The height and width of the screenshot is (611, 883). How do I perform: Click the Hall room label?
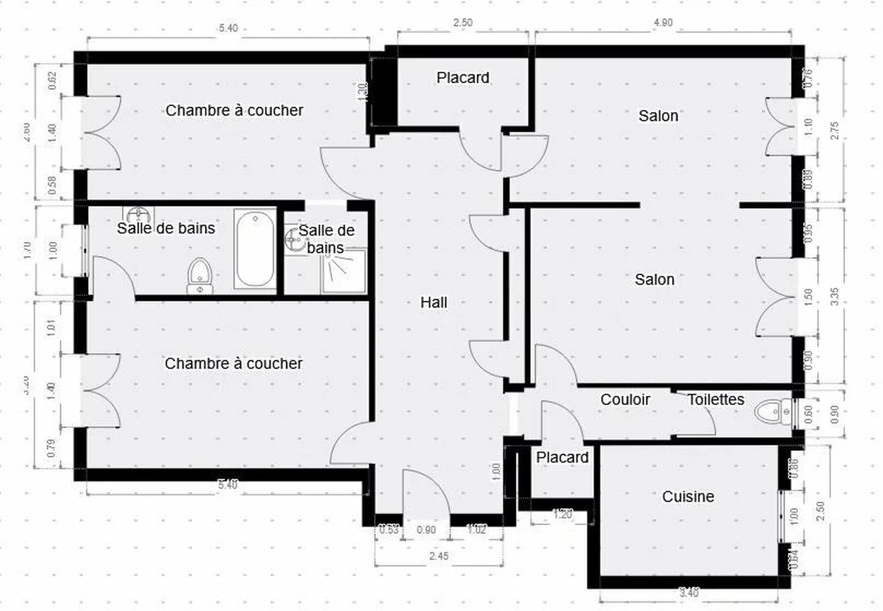(x=434, y=302)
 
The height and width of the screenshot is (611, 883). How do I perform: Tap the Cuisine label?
(x=688, y=497)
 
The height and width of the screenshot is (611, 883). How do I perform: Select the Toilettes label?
(x=716, y=400)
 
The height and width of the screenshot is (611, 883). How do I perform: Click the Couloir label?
(x=625, y=400)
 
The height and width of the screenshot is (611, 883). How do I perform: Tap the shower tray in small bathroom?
(x=344, y=270)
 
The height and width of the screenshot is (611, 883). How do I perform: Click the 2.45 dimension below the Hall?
(x=439, y=556)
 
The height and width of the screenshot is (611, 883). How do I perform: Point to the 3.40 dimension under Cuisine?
(x=689, y=592)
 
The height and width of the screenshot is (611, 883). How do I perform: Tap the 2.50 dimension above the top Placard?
(x=462, y=23)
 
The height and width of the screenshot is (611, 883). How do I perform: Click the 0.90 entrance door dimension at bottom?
(x=426, y=530)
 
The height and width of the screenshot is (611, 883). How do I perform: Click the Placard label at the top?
(x=463, y=78)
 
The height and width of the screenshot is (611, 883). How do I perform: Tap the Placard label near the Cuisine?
(x=562, y=458)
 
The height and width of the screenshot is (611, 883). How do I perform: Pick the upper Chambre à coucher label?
(x=235, y=111)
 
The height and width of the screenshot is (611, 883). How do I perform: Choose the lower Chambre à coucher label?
(x=233, y=364)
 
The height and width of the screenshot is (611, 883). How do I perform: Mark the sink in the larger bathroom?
(x=139, y=214)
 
